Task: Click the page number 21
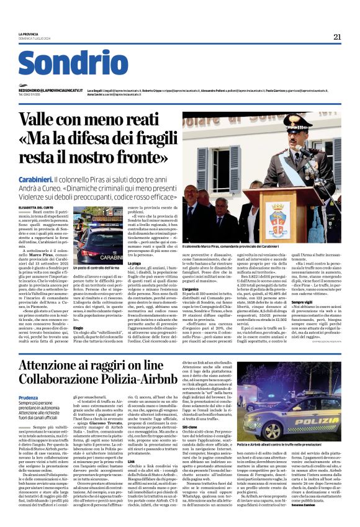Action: click(337, 37)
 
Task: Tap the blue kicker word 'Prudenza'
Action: click(28, 398)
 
